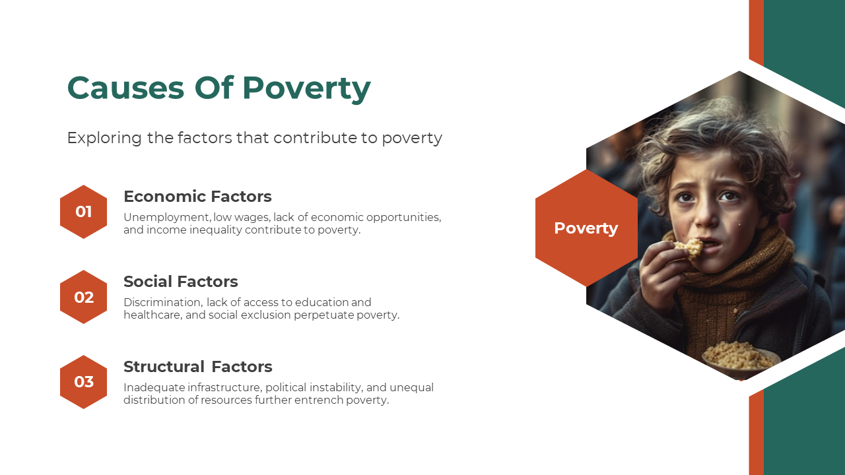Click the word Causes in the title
(x=125, y=88)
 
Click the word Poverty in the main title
(x=306, y=89)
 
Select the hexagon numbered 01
(x=83, y=212)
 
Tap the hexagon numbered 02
(x=83, y=297)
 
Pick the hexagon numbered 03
(x=83, y=382)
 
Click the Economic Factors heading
(x=197, y=197)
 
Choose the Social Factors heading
(x=181, y=282)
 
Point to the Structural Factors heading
(x=197, y=366)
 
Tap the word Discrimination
(x=163, y=302)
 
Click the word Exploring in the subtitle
(x=104, y=138)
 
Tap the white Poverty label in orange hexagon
(x=586, y=228)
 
